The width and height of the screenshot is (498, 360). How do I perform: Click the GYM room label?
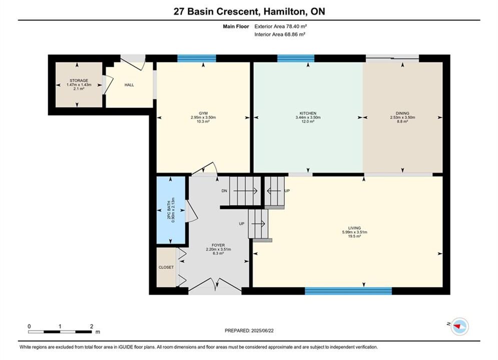203,113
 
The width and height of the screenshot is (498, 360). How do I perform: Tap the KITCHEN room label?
308,113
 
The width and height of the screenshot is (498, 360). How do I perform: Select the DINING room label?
402,113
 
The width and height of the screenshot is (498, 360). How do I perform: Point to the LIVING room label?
354,228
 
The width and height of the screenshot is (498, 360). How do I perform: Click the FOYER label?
218,245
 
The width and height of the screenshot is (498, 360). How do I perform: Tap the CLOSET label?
166,267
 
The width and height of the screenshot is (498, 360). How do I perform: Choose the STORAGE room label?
79,80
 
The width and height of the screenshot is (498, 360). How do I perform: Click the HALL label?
129,85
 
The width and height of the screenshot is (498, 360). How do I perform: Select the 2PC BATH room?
171,210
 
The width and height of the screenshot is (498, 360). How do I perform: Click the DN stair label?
224,191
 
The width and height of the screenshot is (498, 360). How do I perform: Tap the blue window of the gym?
197,58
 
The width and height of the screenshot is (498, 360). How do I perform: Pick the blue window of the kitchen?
296,58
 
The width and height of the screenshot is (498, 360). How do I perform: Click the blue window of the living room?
348,291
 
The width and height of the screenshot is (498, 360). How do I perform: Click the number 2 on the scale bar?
92,326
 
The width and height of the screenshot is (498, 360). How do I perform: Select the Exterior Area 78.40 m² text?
280,26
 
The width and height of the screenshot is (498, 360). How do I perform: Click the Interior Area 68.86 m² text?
280,34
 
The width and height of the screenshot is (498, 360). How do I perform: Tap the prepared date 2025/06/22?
262,330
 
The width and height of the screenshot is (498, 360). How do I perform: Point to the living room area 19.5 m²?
354,236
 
